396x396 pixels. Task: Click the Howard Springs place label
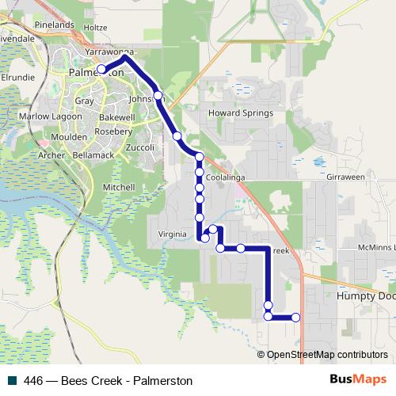click(240, 113)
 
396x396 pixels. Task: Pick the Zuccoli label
click(139, 147)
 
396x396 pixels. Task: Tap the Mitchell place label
click(119, 187)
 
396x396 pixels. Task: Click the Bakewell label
click(118, 116)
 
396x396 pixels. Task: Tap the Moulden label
click(69, 138)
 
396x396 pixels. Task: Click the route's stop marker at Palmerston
click(101, 70)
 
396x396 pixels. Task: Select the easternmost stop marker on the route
click(296, 318)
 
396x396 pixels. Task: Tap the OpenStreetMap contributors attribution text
click(327, 355)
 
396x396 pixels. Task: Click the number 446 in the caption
click(34, 381)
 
